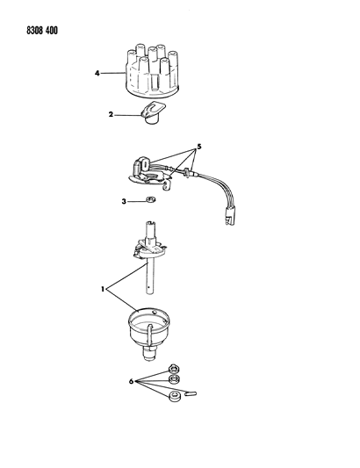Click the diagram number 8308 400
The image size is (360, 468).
click(x=42, y=31)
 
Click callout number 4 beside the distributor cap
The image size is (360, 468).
click(x=97, y=73)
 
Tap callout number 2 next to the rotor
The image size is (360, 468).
click(x=111, y=114)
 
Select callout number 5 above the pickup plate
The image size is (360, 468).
click(x=199, y=147)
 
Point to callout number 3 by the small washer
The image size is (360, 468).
click(x=124, y=202)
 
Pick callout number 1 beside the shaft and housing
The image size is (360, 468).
click(x=103, y=289)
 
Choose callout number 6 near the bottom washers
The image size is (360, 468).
click(x=131, y=381)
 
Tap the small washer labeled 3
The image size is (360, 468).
click(x=150, y=199)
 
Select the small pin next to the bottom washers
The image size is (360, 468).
click(x=191, y=393)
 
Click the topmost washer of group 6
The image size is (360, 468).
click(x=174, y=369)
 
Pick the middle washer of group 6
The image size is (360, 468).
click(x=174, y=379)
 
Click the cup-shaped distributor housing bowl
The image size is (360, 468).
click(x=149, y=328)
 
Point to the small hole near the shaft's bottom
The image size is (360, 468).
click(x=148, y=287)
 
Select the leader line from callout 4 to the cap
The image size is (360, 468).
click(x=112, y=73)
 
